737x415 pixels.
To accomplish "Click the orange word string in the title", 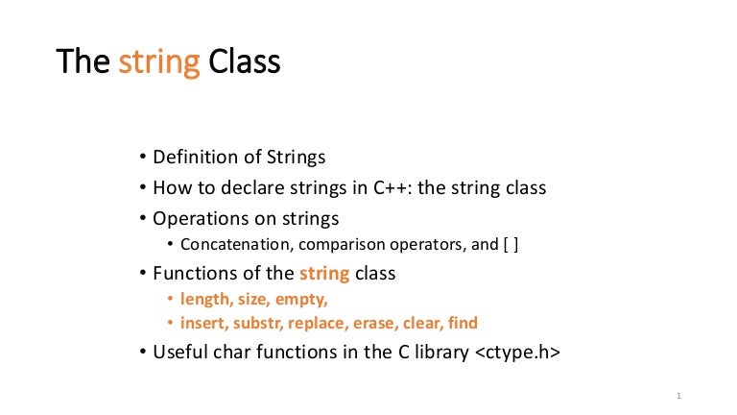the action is pyautogui.click(x=159, y=63).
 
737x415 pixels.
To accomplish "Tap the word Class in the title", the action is pyautogui.click(x=245, y=61).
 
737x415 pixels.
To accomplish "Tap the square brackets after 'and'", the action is pyautogui.click(x=511, y=245).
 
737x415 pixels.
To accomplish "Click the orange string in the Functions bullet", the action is pyautogui.click(x=324, y=275).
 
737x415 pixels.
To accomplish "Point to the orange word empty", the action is pyautogui.click(x=301, y=300).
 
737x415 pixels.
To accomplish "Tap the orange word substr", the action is pyautogui.click(x=258, y=323).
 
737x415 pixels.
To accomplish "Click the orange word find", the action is pyautogui.click(x=463, y=323).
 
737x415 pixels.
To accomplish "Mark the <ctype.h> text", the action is pyautogui.click(x=518, y=353).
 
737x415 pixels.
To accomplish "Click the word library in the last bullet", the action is pyautogui.click(x=441, y=353).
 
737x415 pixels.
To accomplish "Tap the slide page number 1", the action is pyautogui.click(x=678, y=396).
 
